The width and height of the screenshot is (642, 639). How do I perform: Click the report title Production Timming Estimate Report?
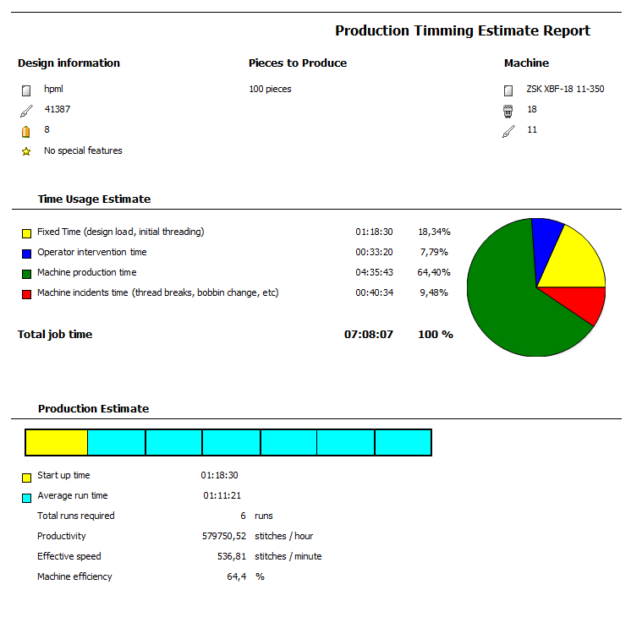[463, 30]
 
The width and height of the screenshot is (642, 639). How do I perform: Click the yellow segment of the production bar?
[57, 443]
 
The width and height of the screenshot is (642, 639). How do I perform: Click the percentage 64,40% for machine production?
[434, 272]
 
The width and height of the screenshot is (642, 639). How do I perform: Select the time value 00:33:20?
[373, 252]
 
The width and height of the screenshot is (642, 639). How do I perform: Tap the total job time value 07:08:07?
[369, 334]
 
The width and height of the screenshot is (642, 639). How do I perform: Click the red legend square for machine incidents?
[27, 293]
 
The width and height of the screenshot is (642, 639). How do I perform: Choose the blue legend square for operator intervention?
[27, 253]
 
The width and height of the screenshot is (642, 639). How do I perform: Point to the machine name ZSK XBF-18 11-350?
[565, 89]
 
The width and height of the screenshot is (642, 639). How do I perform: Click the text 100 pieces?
[270, 89]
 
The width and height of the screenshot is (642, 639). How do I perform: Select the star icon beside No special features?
[26, 151]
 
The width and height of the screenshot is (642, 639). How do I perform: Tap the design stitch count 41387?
[58, 109]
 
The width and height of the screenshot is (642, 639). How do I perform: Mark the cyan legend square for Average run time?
[27, 496]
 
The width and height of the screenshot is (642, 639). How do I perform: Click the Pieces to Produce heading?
[298, 63]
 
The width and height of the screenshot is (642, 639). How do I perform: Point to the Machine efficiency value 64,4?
[237, 576]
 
